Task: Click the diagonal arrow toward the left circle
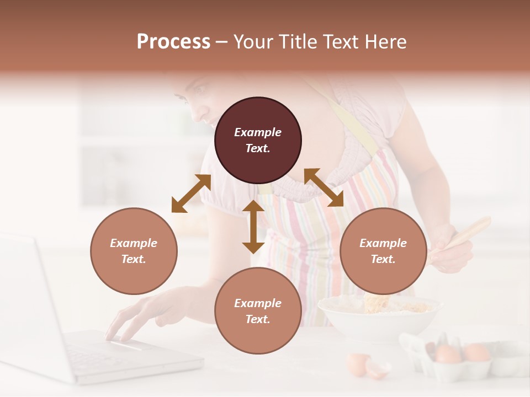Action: point(191,194)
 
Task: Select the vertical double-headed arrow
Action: point(253,227)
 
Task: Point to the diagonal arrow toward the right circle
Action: point(324,187)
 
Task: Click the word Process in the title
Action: point(173,42)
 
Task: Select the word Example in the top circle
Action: point(258,132)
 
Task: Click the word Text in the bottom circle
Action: point(258,319)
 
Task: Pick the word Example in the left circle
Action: point(134,243)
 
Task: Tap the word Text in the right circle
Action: point(383,259)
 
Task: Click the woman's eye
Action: point(201,89)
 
